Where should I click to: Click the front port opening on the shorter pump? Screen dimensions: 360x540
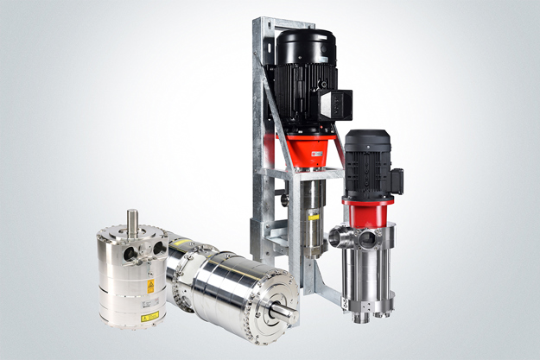point(367,239)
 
